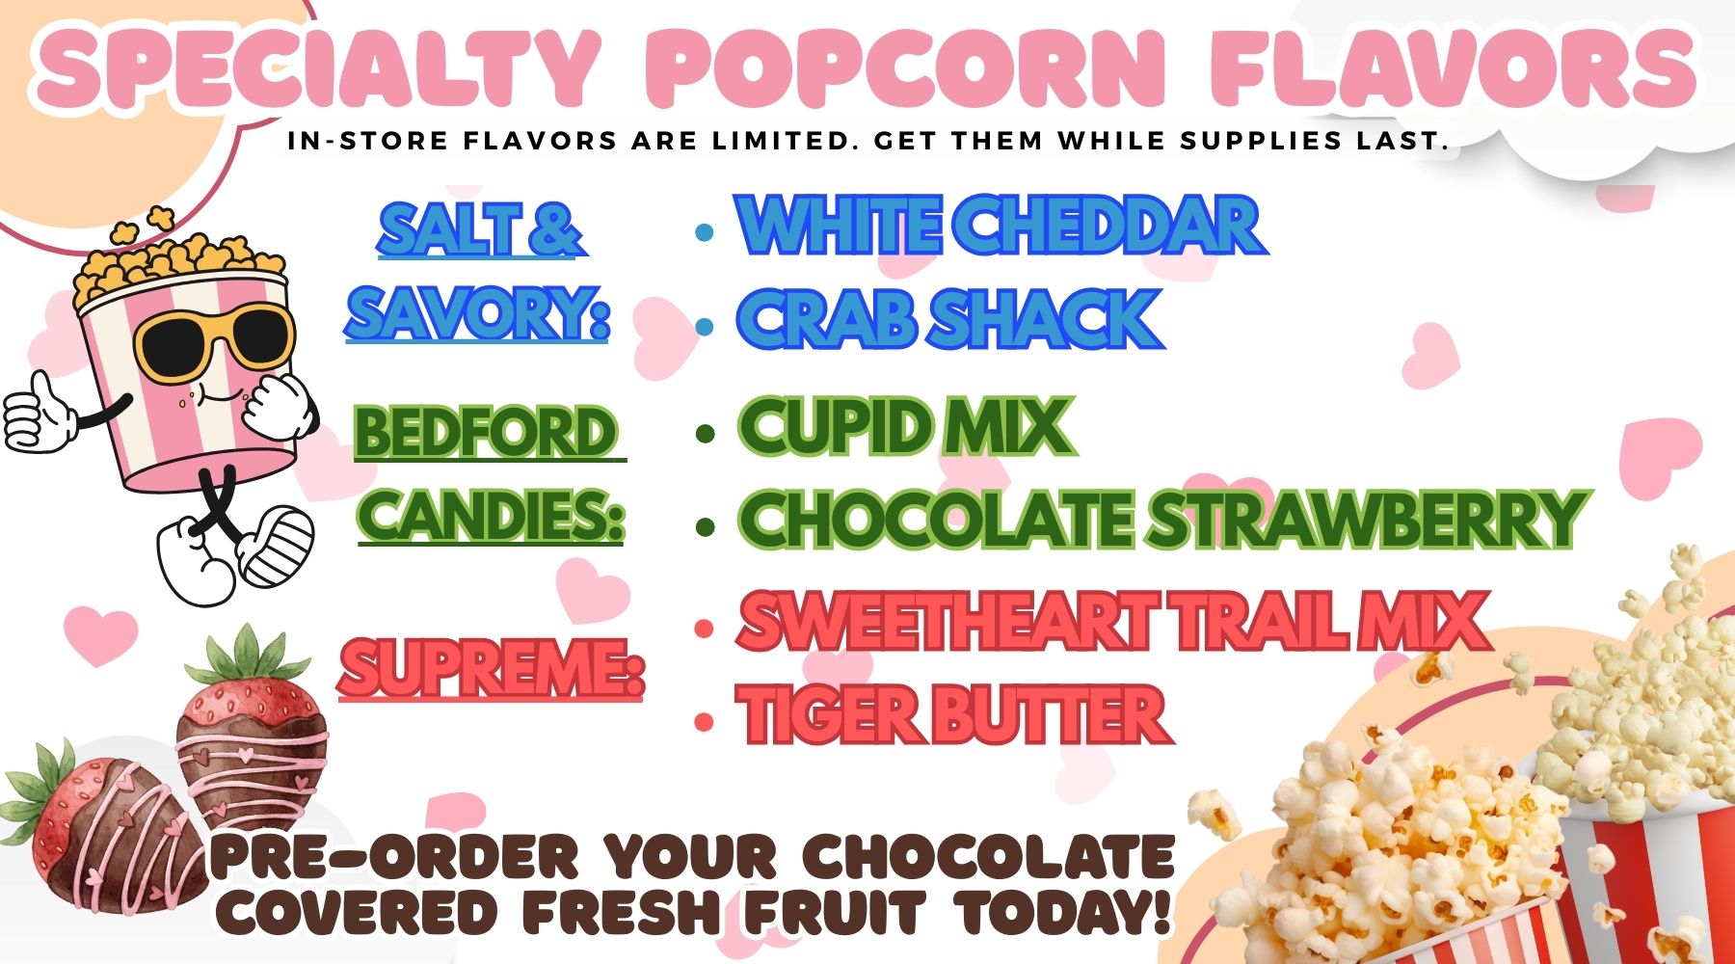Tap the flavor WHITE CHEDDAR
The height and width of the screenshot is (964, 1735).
pos(1001,226)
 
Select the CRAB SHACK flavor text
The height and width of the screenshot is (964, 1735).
pos(950,318)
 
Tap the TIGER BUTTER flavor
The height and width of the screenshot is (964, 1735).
pos(953,715)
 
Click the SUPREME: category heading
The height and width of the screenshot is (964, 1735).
pos(491,668)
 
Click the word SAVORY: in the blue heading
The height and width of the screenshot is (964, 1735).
pos(478,312)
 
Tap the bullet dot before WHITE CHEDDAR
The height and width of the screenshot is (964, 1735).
pos(705,233)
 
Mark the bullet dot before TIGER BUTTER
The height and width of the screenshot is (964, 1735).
pos(705,722)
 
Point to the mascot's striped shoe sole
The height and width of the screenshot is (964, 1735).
pos(279,546)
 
